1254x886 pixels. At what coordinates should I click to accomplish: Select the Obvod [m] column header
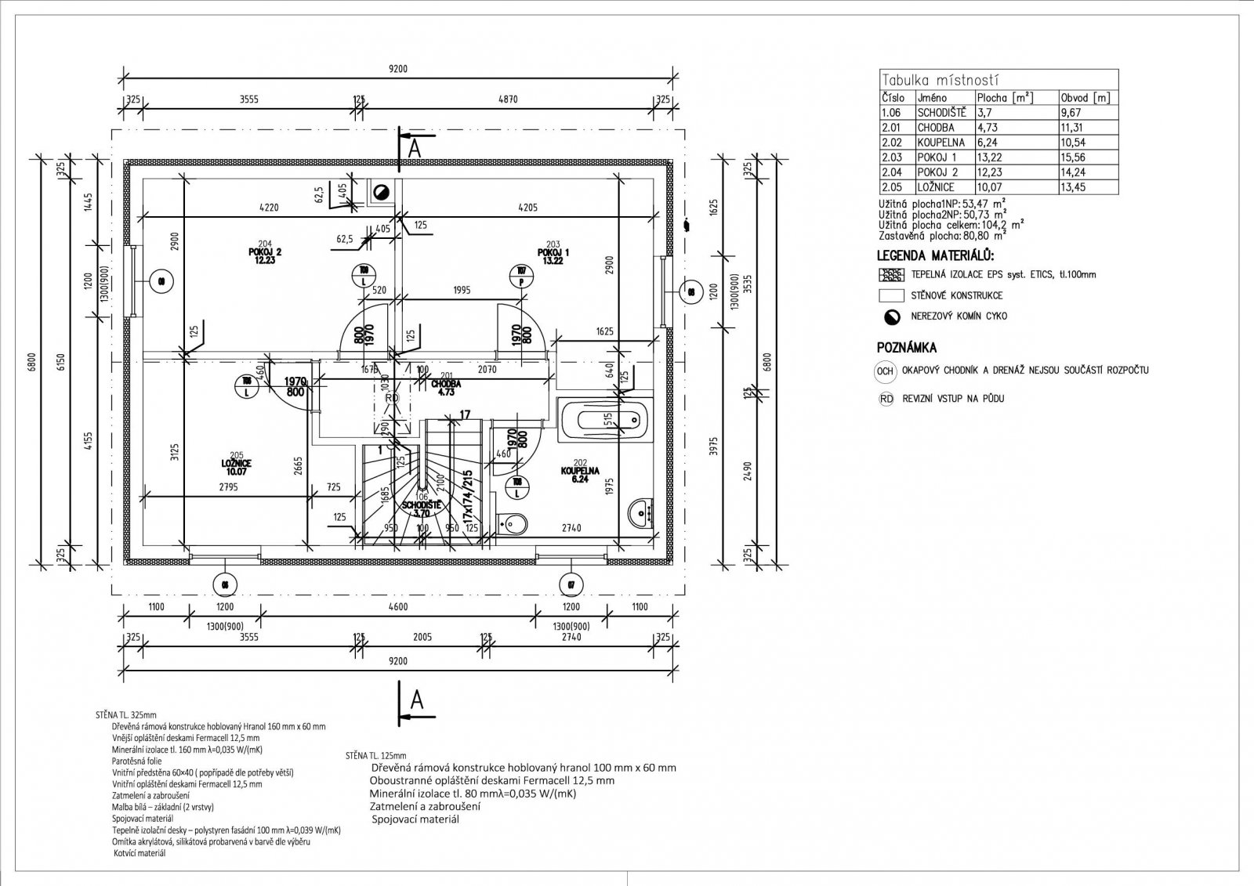(1085, 98)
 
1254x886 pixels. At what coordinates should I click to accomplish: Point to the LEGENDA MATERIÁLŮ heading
(935, 256)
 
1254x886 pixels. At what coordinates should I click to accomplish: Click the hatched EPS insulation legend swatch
(891, 275)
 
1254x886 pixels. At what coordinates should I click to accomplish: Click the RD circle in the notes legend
(886, 399)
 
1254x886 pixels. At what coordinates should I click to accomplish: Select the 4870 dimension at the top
(509, 99)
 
